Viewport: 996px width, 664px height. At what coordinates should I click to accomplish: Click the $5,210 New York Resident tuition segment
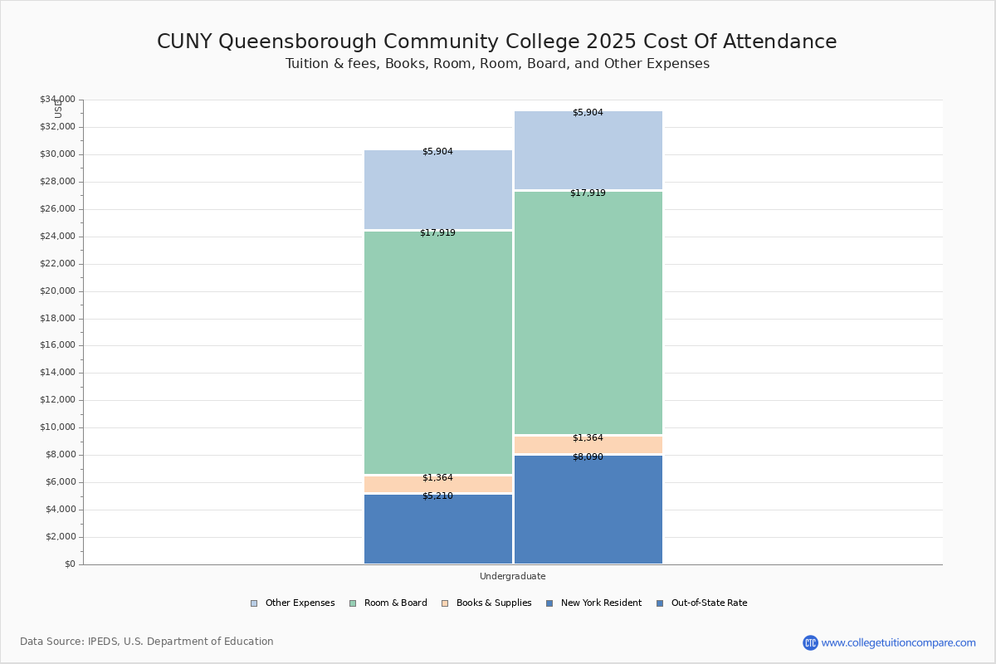[x=438, y=530]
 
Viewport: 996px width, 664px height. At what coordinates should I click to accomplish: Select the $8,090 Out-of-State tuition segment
[x=588, y=510]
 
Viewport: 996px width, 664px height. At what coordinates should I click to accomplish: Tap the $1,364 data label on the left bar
[x=437, y=478]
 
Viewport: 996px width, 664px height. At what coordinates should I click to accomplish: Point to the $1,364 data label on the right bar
[x=588, y=438]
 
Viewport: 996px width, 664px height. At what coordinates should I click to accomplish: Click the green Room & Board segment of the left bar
[x=438, y=353]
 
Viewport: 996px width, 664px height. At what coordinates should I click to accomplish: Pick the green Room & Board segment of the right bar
[x=588, y=313]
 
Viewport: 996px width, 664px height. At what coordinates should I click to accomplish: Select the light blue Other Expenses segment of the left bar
[x=438, y=189]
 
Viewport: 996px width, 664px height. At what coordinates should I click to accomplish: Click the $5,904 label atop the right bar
[x=588, y=113]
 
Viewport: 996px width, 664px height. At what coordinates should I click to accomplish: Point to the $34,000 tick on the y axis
[x=57, y=100]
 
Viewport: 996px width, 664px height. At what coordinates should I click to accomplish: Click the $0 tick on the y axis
[x=69, y=564]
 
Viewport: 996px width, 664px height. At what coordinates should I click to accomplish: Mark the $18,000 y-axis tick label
[x=57, y=319]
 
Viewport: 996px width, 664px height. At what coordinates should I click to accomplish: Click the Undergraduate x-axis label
[x=512, y=576]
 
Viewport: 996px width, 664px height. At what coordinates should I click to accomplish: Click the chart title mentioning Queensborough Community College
[x=496, y=42]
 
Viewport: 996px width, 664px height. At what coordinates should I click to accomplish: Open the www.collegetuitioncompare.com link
[x=898, y=642]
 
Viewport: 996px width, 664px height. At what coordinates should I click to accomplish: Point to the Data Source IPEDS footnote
[x=147, y=642]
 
